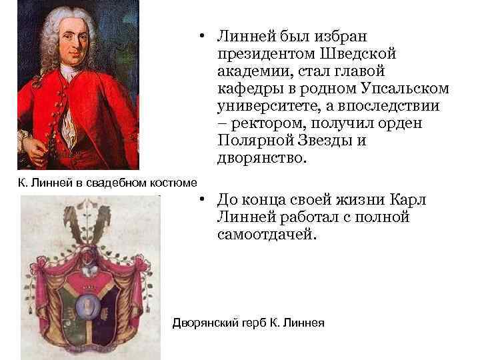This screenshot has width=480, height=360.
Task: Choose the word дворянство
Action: point(259,158)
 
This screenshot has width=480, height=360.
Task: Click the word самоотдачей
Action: point(263,235)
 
